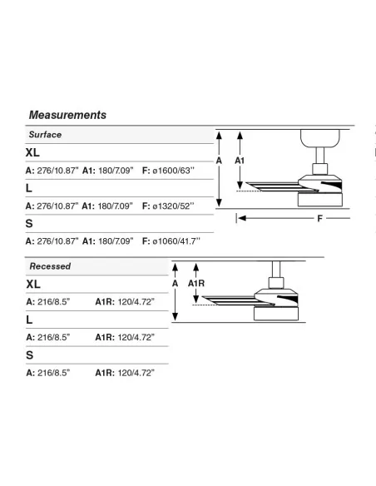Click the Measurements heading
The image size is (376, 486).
[x=67, y=115]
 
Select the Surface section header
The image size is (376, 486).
[x=45, y=135]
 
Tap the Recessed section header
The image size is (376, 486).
[x=50, y=266]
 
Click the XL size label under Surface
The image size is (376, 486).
[x=32, y=152]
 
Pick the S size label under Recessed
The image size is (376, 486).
[x=29, y=355]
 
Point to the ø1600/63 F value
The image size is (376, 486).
[x=174, y=171]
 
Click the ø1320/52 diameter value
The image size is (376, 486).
[x=173, y=206]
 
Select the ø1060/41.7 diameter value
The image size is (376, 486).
[x=176, y=241]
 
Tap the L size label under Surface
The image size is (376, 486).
[x=29, y=188]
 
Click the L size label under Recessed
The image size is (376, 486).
[x=29, y=320]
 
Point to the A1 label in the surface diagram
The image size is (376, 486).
[x=240, y=161]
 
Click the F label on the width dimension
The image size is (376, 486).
[x=320, y=219]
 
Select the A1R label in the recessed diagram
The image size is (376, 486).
[x=196, y=283]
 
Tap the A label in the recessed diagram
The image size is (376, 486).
[x=175, y=283]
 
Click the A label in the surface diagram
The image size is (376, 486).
[x=219, y=161]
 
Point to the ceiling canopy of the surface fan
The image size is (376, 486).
[x=320, y=138]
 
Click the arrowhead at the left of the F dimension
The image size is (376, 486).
[x=242, y=218]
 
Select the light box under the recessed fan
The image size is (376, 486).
[x=276, y=314]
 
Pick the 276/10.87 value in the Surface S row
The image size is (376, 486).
[x=57, y=241]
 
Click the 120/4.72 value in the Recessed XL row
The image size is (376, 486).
[x=136, y=301]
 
